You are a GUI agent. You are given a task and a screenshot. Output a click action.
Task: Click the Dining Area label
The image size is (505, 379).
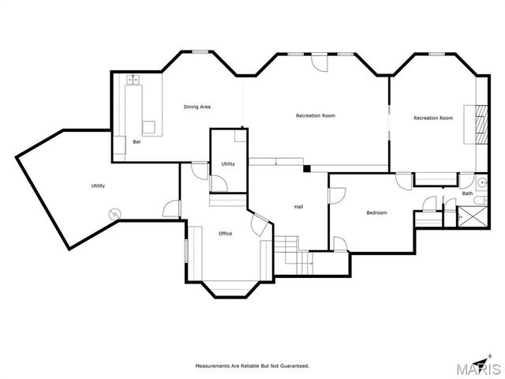click(x=197, y=107)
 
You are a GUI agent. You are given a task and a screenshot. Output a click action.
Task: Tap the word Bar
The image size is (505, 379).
click(x=137, y=142)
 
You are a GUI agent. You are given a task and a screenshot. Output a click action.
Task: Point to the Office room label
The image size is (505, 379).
click(x=225, y=234)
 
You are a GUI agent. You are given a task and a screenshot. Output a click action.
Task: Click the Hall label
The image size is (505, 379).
click(x=299, y=207)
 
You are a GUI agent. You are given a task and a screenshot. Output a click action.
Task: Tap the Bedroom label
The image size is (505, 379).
click(x=376, y=213)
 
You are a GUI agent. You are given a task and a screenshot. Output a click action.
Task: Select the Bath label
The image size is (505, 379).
click(x=467, y=193)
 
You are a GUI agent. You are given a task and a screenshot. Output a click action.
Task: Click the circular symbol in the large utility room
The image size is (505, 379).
click(x=115, y=213)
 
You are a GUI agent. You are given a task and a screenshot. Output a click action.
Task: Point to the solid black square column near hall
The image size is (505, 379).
click(x=306, y=168)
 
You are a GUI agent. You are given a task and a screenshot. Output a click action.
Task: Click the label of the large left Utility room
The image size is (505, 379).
click(x=98, y=186)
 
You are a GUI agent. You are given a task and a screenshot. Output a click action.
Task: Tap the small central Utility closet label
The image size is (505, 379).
click(x=228, y=163)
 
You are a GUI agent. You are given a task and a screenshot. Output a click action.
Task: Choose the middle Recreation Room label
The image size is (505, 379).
click(x=316, y=116)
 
